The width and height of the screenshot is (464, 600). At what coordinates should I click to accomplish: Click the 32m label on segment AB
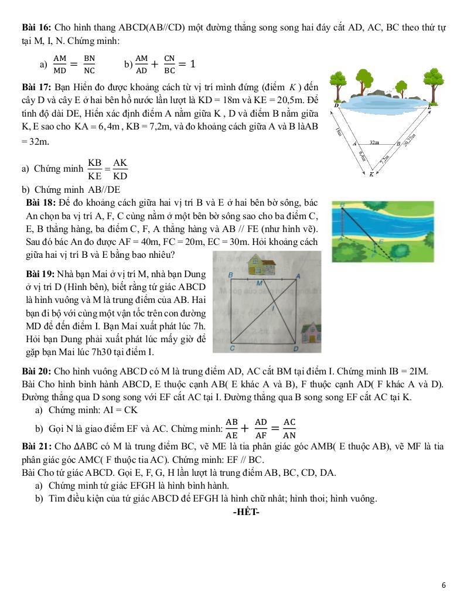pos(374,142)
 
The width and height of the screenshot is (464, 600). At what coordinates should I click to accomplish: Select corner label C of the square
pos(232,349)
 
